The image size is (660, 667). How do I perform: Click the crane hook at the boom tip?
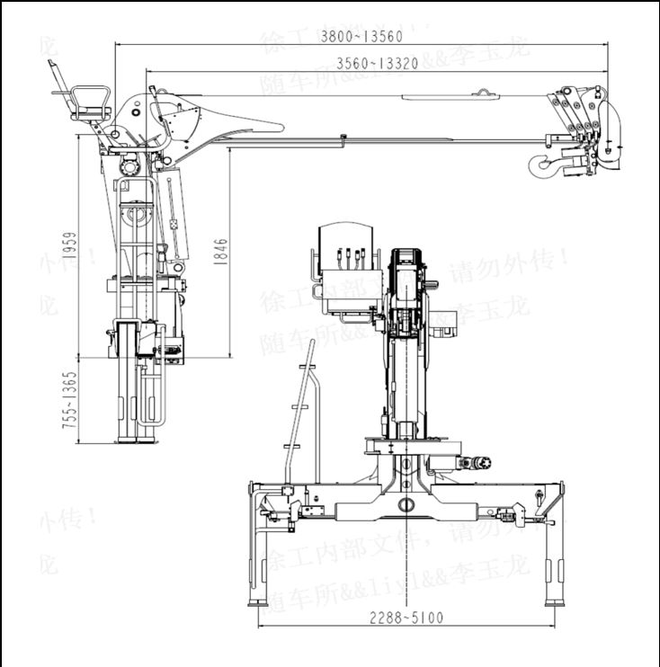pos(543,163)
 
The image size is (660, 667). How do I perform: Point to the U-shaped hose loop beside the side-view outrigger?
pos(158,396)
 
